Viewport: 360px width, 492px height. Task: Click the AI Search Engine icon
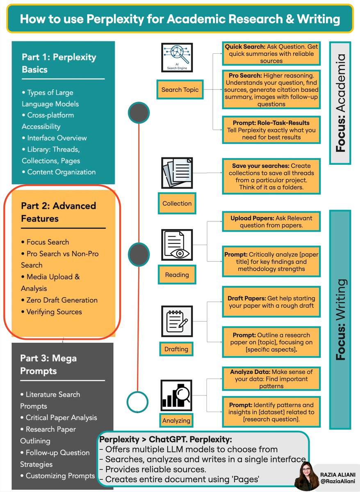click(x=177, y=57)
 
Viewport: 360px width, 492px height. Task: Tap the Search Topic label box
click(x=180, y=89)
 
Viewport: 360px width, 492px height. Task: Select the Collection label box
click(x=177, y=203)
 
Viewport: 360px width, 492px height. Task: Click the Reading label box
click(x=177, y=275)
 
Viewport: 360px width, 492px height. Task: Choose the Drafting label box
click(x=176, y=349)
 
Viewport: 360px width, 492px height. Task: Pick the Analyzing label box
click(x=176, y=421)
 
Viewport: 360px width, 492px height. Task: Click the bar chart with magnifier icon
click(x=176, y=395)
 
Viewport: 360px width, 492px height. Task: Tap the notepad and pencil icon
click(x=177, y=321)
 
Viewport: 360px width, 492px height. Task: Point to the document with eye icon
click(x=177, y=245)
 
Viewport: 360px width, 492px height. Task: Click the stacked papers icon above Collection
click(x=177, y=173)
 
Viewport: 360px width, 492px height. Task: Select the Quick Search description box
click(x=271, y=54)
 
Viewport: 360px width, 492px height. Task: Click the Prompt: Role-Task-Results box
click(x=271, y=130)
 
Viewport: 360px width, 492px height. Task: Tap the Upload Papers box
click(x=271, y=222)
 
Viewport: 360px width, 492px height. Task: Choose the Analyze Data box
click(x=271, y=379)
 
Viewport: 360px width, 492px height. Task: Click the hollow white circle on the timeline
click(x=137, y=402)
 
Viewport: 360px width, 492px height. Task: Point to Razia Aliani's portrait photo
click(x=306, y=476)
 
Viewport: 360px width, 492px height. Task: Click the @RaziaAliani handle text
click(x=337, y=481)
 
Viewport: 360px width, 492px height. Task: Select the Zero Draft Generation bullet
click(x=59, y=300)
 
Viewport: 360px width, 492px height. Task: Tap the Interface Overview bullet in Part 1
click(x=54, y=138)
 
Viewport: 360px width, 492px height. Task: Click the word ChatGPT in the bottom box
click(x=168, y=439)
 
